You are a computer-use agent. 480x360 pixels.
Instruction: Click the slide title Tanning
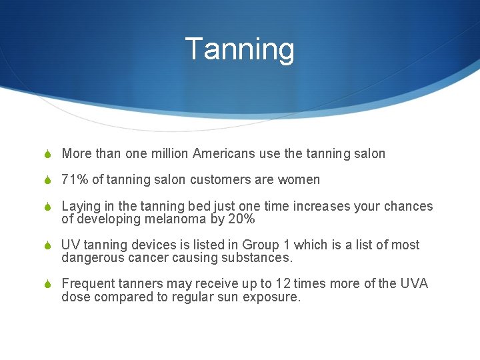click(239, 49)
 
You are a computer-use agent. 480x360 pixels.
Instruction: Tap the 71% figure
click(73, 180)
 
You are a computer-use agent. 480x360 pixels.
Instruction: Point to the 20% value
click(241, 219)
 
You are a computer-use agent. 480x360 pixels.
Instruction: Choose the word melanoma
click(174, 219)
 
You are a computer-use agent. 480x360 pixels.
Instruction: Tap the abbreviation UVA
click(414, 284)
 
